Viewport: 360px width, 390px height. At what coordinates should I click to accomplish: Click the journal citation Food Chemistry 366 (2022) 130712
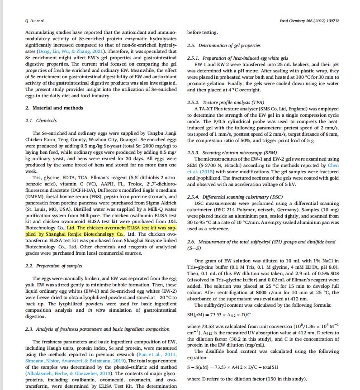[309, 21]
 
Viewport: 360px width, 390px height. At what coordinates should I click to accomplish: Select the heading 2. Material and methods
[54, 108]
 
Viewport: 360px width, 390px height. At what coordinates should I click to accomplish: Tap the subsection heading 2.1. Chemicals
[41, 120]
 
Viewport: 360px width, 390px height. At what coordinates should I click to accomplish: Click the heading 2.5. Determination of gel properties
[224, 45]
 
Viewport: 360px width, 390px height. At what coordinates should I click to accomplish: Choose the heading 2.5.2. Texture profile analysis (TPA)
[225, 103]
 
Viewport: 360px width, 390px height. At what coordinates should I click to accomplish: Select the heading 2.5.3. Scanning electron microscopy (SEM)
[229, 153]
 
